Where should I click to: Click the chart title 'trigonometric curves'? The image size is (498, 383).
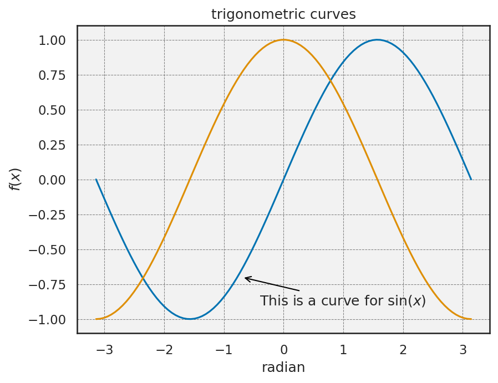pos(283,14)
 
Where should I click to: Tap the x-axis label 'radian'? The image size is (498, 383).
pos(283,367)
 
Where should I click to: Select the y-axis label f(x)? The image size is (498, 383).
pos(16,179)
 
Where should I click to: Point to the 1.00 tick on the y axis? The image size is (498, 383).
pos(52,40)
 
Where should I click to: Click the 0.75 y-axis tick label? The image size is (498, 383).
pos(52,75)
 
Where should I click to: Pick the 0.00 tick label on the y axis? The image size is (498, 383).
pos(52,180)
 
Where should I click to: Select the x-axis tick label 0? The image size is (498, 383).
pos(283,350)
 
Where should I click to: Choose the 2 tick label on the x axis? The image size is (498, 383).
pos(403,350)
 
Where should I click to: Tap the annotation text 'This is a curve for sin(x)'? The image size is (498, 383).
pos(343,301)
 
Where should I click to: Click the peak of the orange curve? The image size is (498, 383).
pos(283,39)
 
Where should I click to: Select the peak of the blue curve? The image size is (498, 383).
pos(378,39)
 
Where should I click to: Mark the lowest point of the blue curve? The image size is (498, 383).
pos(190,319)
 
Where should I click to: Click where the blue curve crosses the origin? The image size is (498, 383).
pos(283,180)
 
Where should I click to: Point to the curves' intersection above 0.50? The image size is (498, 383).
pos(331,81)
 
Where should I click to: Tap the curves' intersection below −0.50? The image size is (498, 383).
pos(143,278)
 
